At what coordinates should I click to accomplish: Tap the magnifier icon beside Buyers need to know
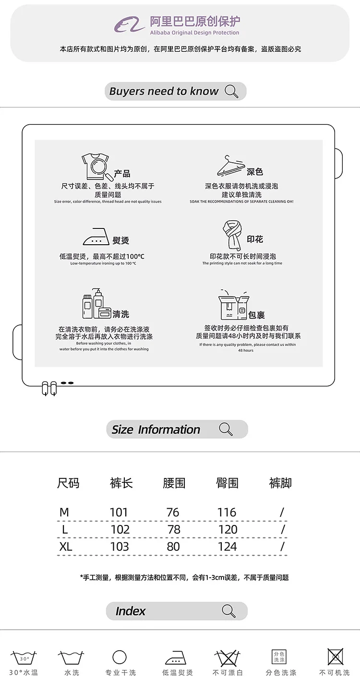(x=231, y=91)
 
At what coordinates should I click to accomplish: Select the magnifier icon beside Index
(x=229, y=611)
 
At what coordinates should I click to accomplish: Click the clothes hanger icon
(x=230, y=166)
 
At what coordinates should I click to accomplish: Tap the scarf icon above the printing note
(x=231, y=235)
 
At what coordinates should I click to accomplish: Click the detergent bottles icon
(x=96, y=304)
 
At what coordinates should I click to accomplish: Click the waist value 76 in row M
(x=173, y=513)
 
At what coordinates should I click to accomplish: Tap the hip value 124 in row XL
(x=227, y=547)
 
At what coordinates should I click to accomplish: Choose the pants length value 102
(x=120, y=529)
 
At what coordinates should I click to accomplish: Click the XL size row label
(x=65, y=547)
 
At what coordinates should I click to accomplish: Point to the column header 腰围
(x=174, y=483)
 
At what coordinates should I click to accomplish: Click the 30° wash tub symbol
(x=24, y=658)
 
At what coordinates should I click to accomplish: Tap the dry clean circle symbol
(x=120, y=657)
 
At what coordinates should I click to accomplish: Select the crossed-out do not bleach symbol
(x=228, y=657)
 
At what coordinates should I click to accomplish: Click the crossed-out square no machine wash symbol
(x=335, y=656)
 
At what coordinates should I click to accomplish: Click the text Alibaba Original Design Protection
(x=194, y=33)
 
